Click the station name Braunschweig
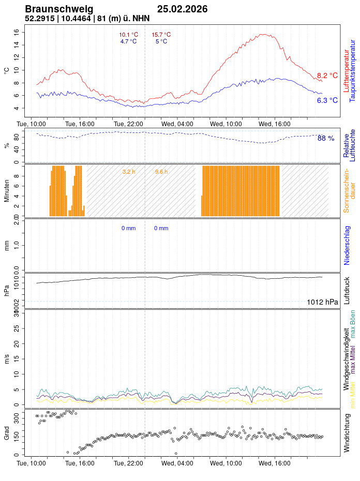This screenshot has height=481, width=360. pos(59,9)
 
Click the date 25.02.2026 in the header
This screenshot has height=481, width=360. pos(182,9)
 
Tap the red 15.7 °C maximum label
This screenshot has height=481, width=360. pos(161,35)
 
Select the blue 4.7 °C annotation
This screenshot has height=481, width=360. pos(128,41)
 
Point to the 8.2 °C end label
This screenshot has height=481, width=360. pos(327,76)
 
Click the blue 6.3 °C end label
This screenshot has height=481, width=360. pos(327,100)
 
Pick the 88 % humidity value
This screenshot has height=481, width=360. pos(326,138)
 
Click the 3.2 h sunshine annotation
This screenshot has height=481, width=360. pos(129,171)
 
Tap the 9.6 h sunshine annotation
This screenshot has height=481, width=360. pos(161,171)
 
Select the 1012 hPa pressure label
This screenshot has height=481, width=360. pos(322,302)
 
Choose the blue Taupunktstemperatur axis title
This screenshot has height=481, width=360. pos(353,70)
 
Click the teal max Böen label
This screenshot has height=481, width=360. pos(353,324)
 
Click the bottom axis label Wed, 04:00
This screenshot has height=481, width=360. pos(177,464)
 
